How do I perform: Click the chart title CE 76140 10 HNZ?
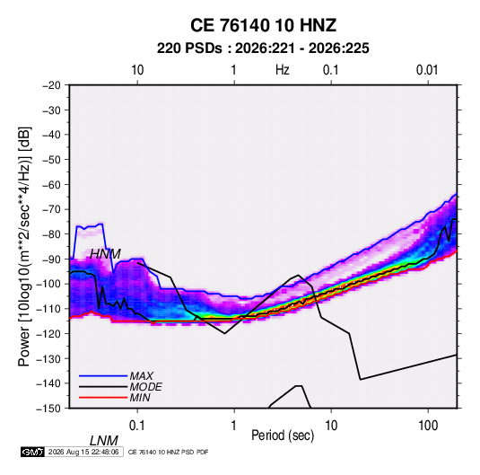tap(263, 25)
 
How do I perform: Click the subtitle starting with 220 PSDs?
tap(263, 48)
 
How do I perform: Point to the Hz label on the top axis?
tap(283, 70)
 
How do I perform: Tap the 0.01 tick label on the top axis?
tap(427, 70)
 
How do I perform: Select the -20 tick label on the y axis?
tap(51, 85)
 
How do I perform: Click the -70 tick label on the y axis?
tap(51, 209)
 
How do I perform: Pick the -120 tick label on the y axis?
tap(48, 334)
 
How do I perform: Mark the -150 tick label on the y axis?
tap(48, 409)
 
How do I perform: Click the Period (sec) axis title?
tap(283, 435)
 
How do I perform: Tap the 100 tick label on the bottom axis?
tap(428, 426)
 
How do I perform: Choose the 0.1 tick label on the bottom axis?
tap(137, 426)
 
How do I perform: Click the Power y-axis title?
tap(24, 246)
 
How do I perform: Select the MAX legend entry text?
tap(142, 375)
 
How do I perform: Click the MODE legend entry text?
tap(145, 387)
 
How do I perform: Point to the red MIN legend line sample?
tap(103, 398)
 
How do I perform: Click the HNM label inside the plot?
tap(105, 254)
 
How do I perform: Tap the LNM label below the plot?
tap(103, 441)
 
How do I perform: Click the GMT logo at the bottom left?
tap(33, 452)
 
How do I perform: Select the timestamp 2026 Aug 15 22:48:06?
tap(83, 452)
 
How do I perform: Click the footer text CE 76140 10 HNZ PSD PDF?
tap(168, 453)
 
